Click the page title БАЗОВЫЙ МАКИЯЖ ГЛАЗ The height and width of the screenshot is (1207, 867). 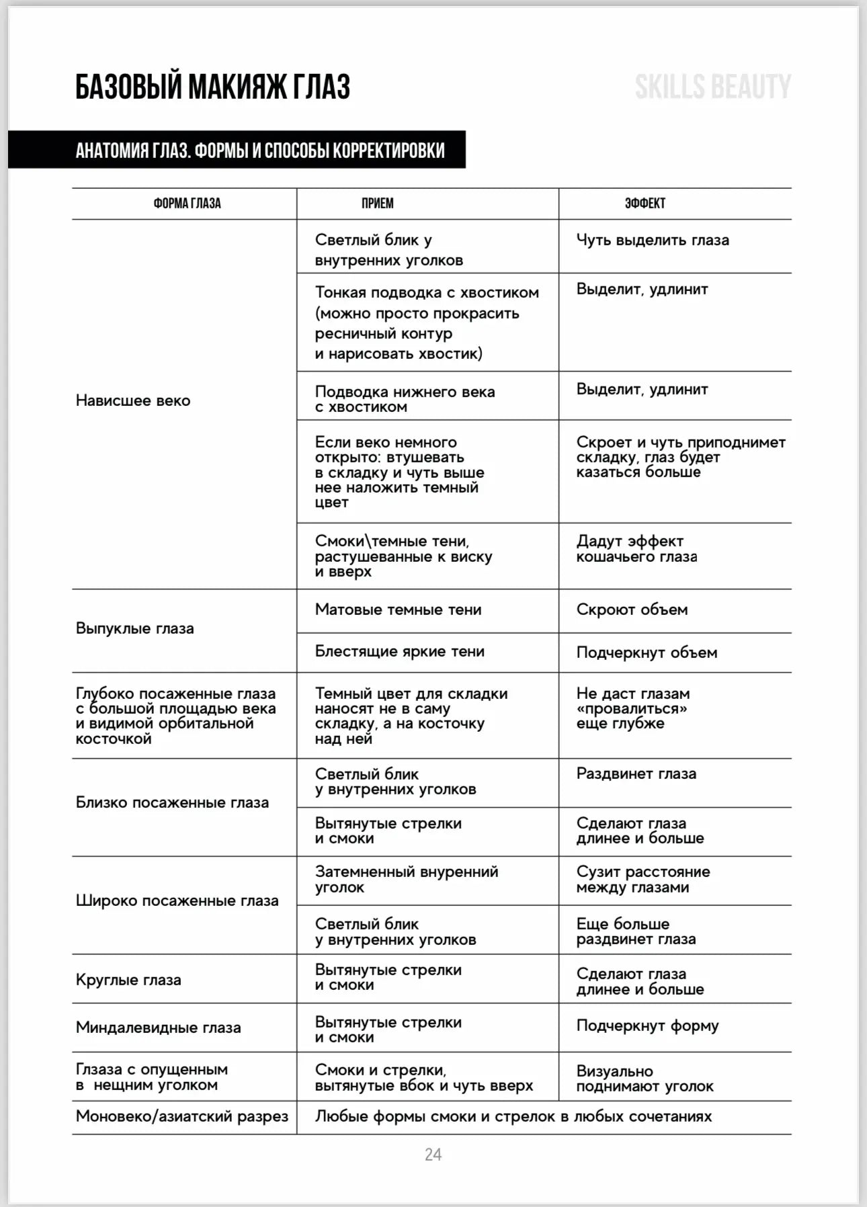coord(212,87)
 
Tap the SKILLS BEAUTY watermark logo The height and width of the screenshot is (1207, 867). coord(712,87)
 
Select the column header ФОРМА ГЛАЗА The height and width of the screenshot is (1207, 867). coord(187,204)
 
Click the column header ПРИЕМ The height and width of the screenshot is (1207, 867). coord(378,204)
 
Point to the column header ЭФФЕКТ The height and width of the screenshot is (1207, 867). coord(645,204)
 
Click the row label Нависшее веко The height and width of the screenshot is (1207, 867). coord(133,401)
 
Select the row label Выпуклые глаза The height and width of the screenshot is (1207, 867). coord(134,628)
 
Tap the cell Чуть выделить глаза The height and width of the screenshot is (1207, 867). coord(652,240)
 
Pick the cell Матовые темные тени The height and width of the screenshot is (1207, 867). coord(398,610)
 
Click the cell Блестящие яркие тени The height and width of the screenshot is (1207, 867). coord(399,651)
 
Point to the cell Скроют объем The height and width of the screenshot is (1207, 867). coord(632,610)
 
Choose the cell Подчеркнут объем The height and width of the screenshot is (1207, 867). coord(647,653)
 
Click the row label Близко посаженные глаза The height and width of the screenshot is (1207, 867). coord(172,802)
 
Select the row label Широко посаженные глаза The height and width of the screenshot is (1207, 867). coord(177,901)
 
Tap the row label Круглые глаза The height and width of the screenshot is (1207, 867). coord(128,980)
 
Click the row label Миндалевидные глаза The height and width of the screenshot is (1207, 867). coord(158,1028)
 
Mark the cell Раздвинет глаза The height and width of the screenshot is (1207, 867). coord(636,774)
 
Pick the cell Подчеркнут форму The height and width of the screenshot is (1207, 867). coord(647,1026)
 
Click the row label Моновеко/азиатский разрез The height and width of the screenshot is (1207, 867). coord(181,1116)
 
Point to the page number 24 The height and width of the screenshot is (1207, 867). coord(433,1155)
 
